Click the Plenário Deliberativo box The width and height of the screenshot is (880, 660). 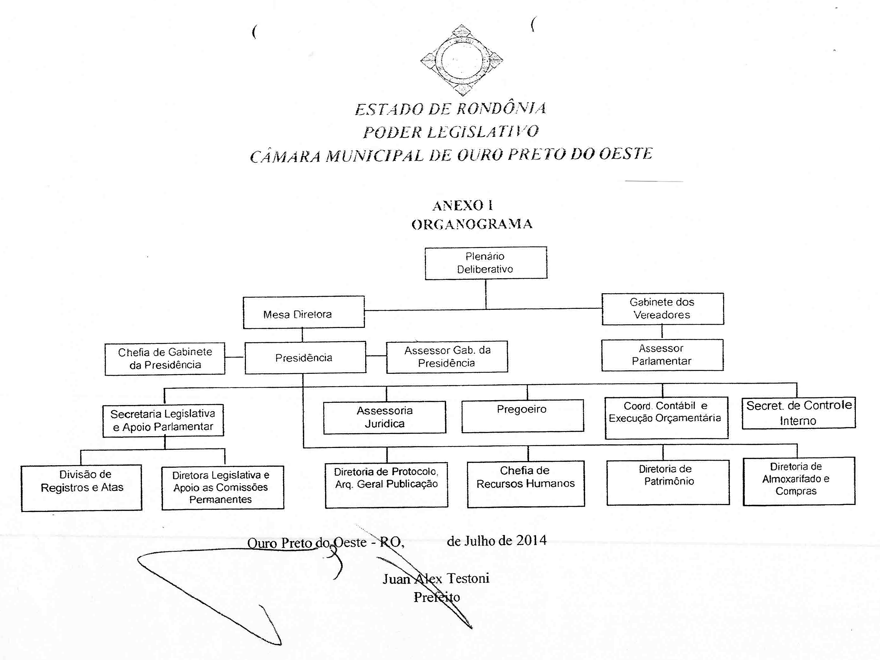click(x=486, y=263)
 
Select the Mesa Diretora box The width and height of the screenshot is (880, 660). click(x=304, y=312)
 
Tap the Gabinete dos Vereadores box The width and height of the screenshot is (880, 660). click(x=662, y=309)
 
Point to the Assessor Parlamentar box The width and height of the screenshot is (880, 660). click(x=662, y=355)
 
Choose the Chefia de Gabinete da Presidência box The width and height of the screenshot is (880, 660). click(x=165, y=359)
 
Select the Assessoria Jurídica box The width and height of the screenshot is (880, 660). click(x=385, y=417)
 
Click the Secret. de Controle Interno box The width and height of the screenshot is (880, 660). click(x=799, y=413)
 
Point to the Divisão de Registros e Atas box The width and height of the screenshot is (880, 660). click(x=81, y=488)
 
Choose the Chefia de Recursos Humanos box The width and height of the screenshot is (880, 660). click(x=526, y=484)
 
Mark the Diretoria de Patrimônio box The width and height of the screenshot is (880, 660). click(x=668, y=482)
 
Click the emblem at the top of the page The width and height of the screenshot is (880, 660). click(x=462, y=60)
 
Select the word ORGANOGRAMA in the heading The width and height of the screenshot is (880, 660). click(x=472, y=224)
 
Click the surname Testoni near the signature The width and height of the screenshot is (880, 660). click(x=468, y=578)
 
